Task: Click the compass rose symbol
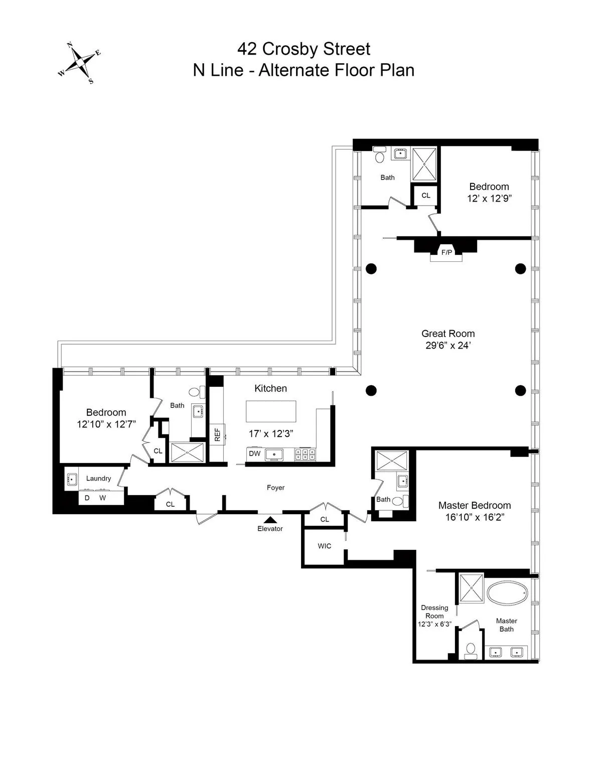[x=79, y=63]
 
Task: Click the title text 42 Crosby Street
[x=304, y=49]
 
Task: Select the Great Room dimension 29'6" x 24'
[x=447, y=345]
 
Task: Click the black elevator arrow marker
[x=270, y=520]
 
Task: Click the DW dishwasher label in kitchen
[x=255, y=454]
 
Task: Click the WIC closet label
[x=325, y=546]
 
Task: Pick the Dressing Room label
[x=434, y=611]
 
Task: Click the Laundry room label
[x=98, y=479]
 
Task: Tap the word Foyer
[x=275, y=488]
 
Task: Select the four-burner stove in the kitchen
[x=305, y=454]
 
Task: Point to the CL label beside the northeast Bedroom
[x=425, y=196]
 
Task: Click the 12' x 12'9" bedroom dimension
[x=489, y=199]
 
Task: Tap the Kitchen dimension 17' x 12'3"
[x=271, y=433]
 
